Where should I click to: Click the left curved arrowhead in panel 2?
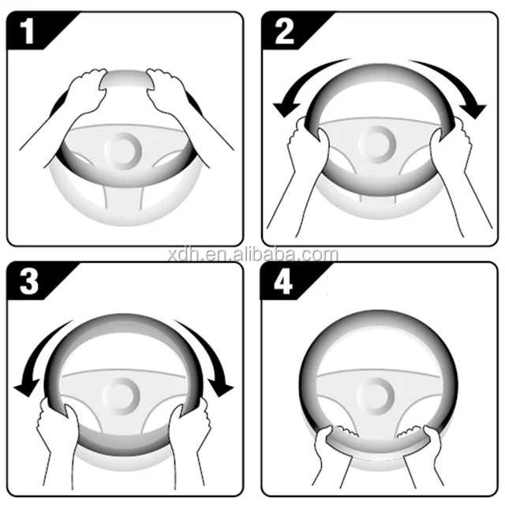pyautogui.click(x=286, y=109)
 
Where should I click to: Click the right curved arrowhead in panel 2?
pyautogui.click(x=472, y=110)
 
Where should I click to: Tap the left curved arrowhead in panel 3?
pyautogui.click(x=26, y=387)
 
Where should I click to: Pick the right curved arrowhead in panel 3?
pyautogui.click(x=220, y=387)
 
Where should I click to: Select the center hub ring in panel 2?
pyautogui.click(x=377, y=144)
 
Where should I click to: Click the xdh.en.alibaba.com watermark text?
pyautogui.click(x=253, y=255)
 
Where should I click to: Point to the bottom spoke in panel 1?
pyautogui.click(x=123, y=197)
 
